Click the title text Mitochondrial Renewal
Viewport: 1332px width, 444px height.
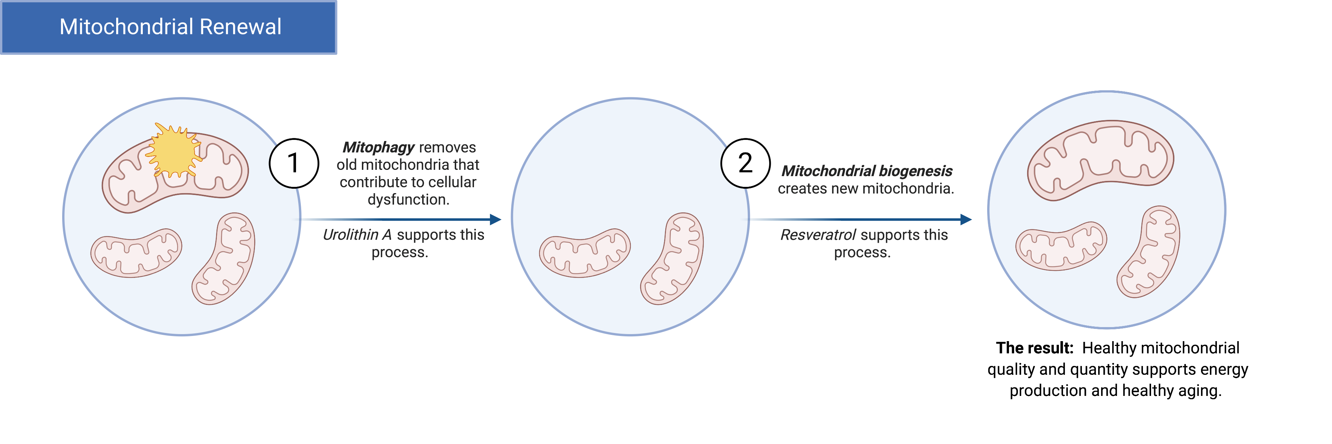coord(170,27)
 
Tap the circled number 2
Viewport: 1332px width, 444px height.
coord(745,163)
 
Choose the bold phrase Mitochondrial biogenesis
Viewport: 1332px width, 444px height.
coord(867,171)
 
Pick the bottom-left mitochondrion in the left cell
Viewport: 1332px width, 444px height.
coord(136,253)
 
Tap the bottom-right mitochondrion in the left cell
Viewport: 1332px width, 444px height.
coord(224,258)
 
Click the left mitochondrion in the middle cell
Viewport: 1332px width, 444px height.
coord(585,253)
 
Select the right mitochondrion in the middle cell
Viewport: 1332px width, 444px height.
coord(672,258)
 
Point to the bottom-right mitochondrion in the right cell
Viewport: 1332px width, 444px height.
coord(1148,252)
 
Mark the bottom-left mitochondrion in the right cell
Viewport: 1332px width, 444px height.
coord(1061,246)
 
